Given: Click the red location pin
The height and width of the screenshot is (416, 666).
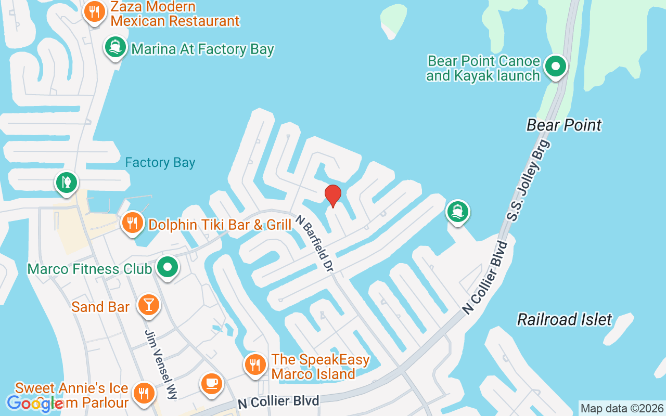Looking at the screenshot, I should pos(333,196).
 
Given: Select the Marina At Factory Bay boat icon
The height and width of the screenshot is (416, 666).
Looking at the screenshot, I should pos(116,47).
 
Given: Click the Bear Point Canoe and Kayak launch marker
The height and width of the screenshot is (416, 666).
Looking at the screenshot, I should pos(556,67).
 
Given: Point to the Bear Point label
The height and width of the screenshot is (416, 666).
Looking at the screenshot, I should pos(564,125).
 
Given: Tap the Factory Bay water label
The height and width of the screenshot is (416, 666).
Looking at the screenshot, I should pos(160,163).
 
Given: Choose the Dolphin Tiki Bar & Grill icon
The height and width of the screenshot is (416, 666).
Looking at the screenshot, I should pos(133,223).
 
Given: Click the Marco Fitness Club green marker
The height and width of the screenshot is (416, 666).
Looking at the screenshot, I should pos(168,268).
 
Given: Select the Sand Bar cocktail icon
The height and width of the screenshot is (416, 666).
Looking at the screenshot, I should pos(149,305).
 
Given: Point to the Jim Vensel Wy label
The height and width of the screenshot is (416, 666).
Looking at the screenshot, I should pos(161,364).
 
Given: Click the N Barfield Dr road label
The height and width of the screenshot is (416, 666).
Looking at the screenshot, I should pos(314,243).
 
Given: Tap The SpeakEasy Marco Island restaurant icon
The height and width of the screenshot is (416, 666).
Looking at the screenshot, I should pos(255,365).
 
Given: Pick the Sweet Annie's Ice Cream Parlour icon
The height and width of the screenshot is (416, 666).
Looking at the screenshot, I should pos(143,394).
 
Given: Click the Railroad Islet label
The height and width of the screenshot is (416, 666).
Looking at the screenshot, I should pos(565,319).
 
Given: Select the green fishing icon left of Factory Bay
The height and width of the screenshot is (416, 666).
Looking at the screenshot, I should pos(67,183).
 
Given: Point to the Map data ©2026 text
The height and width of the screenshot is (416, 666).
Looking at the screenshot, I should pos(622,408).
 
